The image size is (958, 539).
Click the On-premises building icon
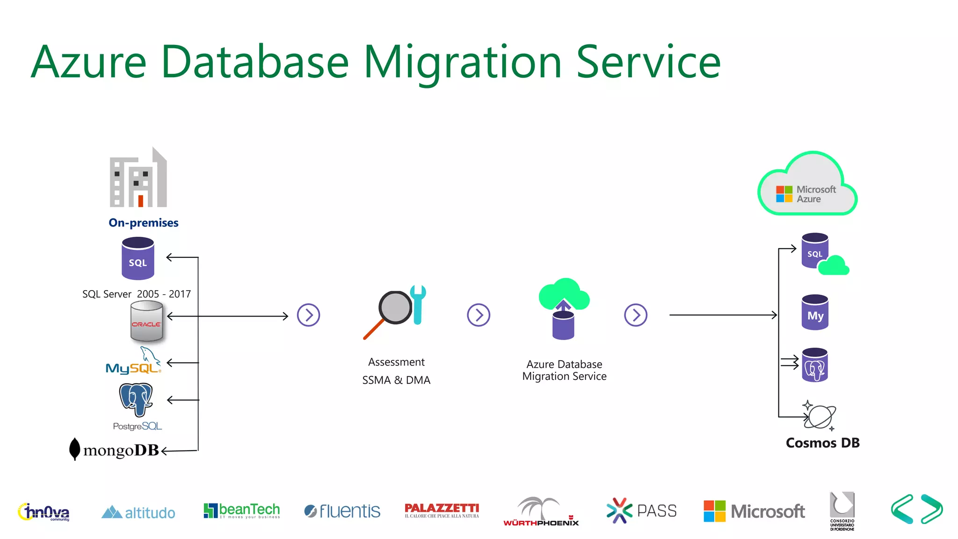[138, 178]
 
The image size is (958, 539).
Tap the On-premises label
[144, 223]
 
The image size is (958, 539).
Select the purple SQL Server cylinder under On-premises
[138, 258]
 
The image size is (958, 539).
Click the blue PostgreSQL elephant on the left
[136, 399]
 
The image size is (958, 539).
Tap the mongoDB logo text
[121, 450]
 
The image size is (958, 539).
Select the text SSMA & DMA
[396, 380]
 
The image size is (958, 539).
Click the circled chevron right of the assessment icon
[479, 315]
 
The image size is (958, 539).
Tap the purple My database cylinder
[815, 313]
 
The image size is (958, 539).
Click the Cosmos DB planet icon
[820, 415]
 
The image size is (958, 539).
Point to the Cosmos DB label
[822, 443]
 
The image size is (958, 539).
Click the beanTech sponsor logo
[242, 510]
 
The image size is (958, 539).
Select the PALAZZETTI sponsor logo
[442, 510]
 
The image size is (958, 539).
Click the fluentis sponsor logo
[342, 511]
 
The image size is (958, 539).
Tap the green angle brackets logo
[917, 509]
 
